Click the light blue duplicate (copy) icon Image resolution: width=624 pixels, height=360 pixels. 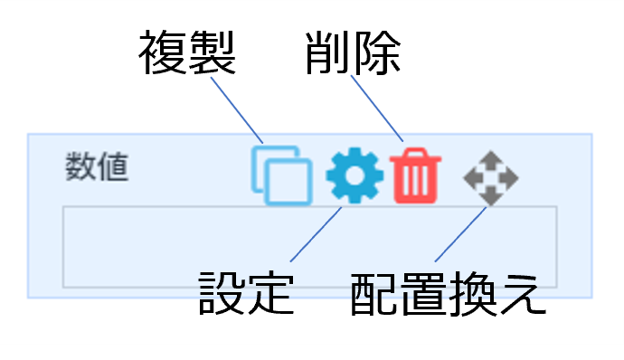click(281, 175)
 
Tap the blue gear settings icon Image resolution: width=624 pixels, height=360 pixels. click(355, 176)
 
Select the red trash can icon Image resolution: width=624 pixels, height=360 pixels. click(416, 175)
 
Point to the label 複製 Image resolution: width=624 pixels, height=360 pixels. click(187, 53)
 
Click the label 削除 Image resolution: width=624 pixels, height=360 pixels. click(352, 53)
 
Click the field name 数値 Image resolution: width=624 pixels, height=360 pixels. click(97, 167)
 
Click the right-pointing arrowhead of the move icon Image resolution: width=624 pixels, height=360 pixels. click(511, 177)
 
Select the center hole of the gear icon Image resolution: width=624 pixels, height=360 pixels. click(355, 176)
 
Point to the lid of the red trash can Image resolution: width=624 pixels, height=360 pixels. click(416, 156)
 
